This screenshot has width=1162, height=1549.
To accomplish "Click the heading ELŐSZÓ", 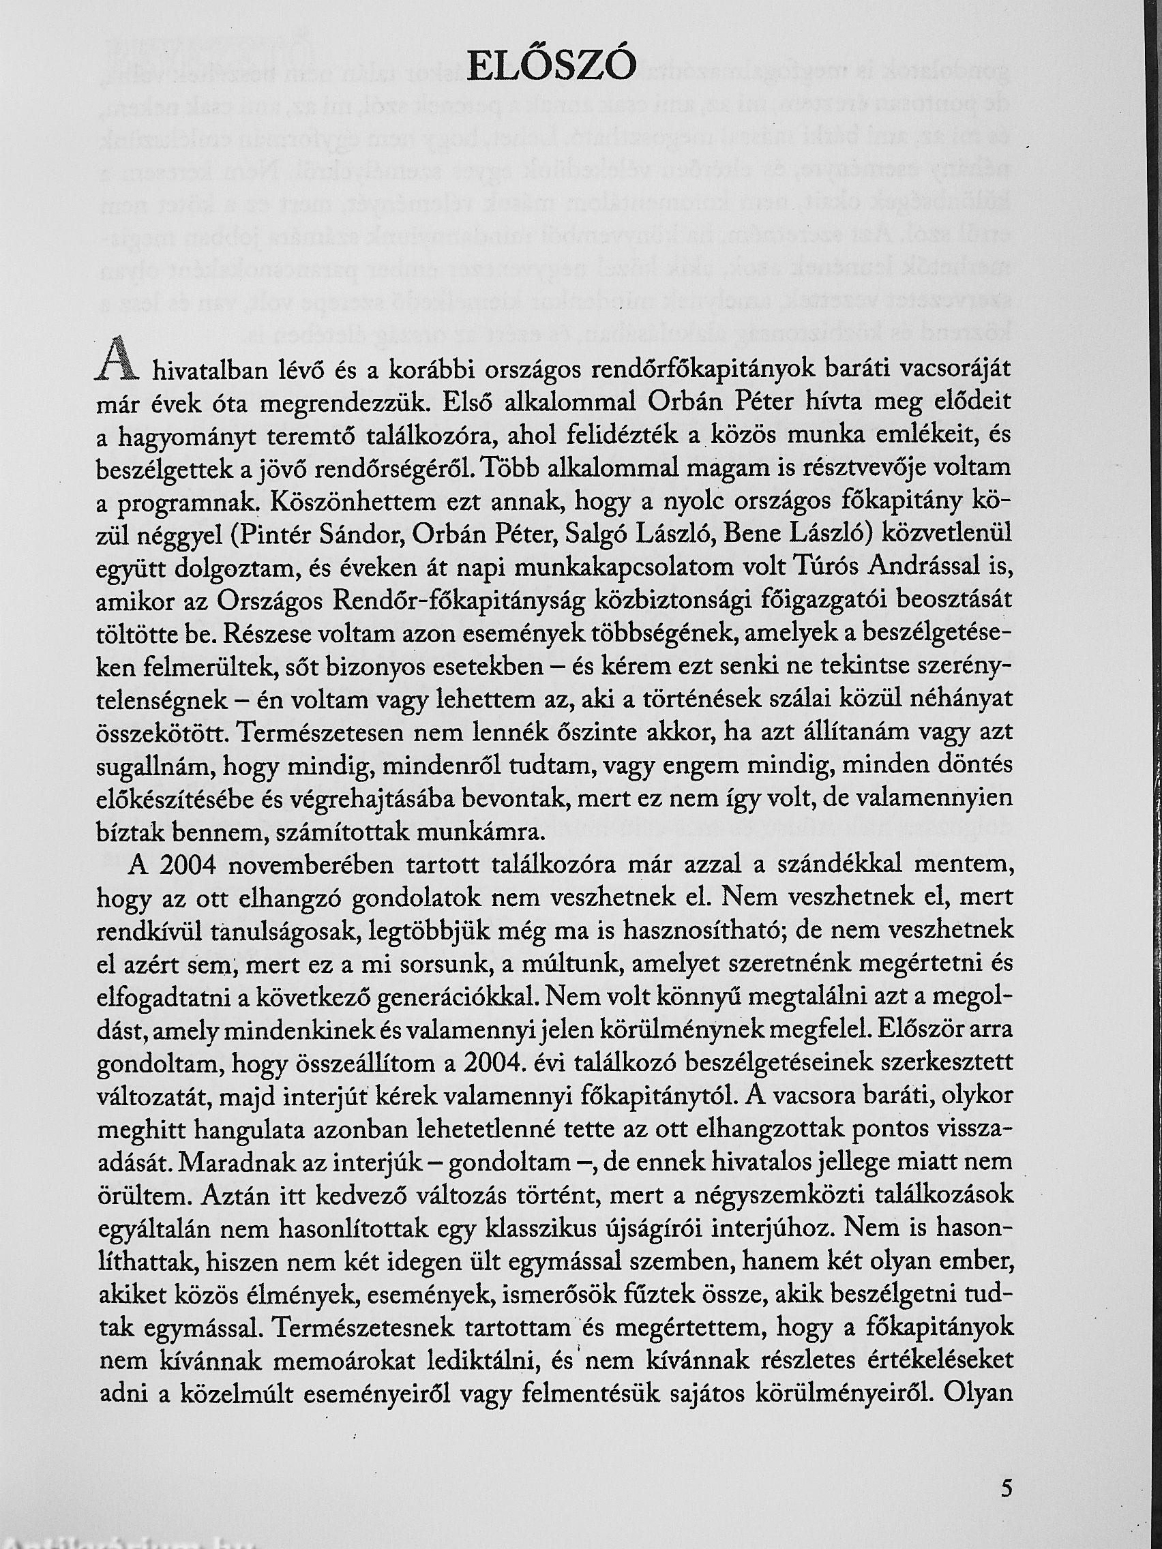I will (552, 69).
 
